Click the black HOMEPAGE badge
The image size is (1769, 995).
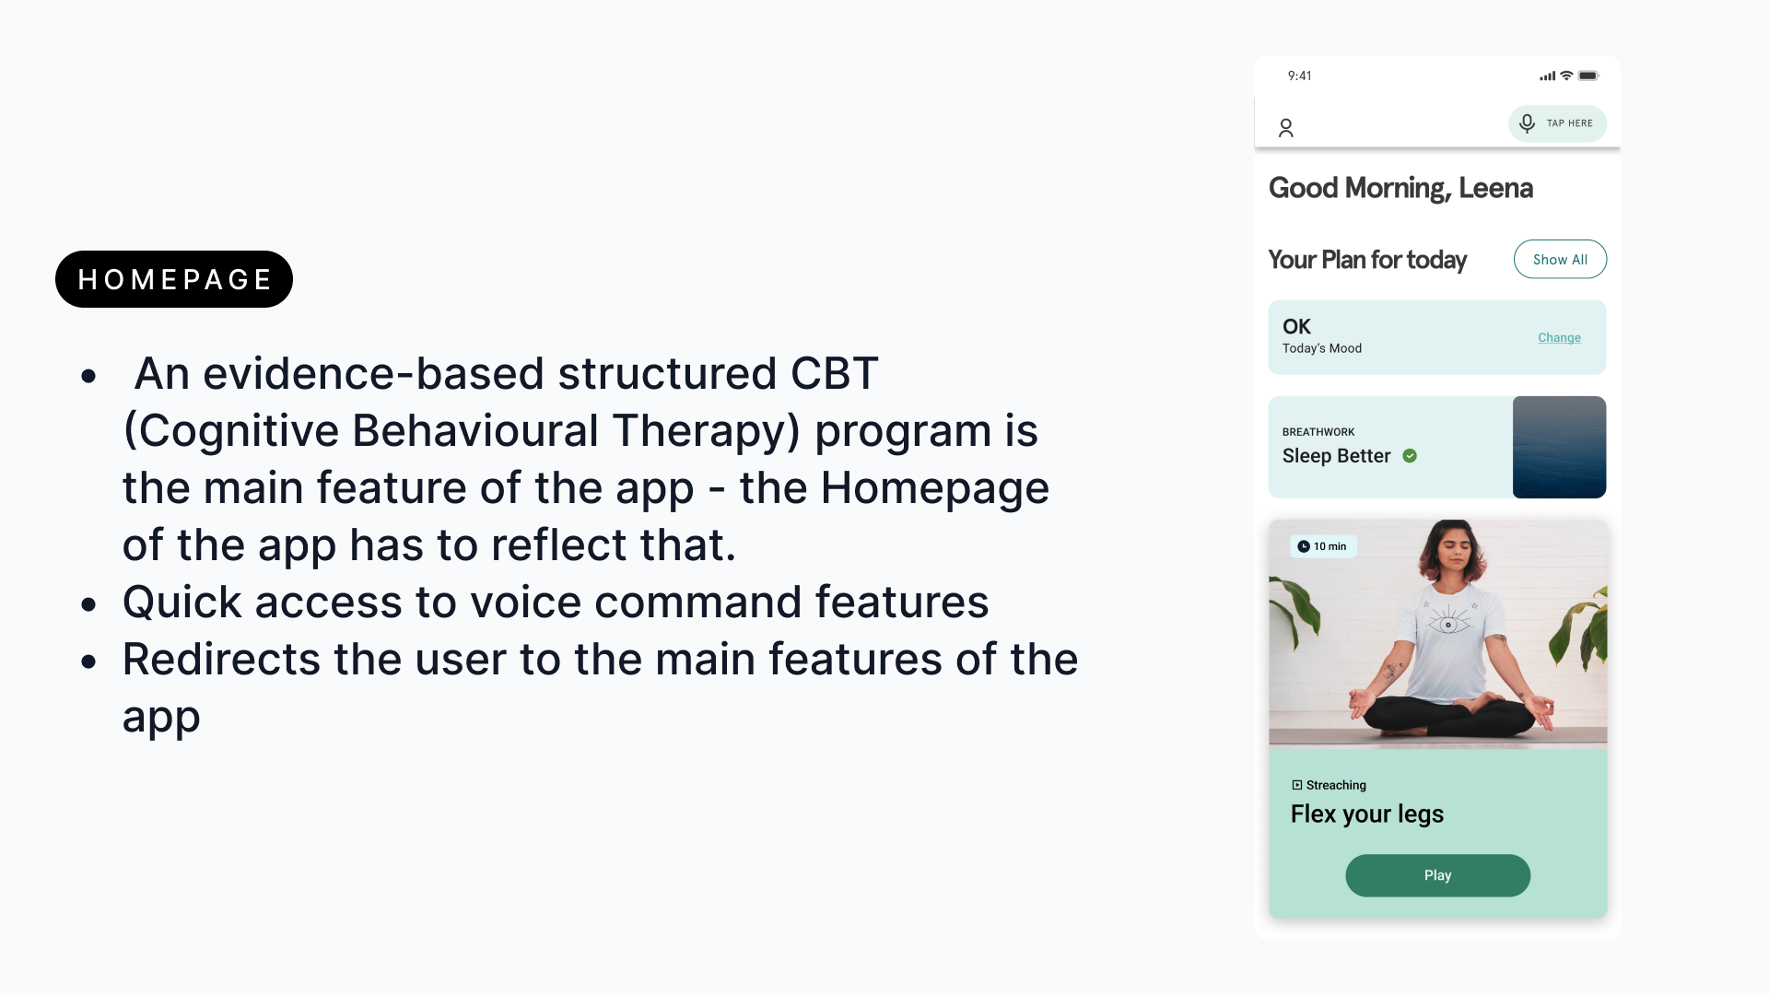click(174, 279)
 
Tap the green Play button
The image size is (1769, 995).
click(1437, 875)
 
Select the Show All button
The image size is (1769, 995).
click(1560, 260)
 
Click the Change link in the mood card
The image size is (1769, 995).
click(1559, 338)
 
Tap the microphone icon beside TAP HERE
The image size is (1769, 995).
click(1527, 123)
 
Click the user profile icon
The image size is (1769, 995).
click(1286, 128)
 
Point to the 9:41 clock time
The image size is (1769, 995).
click(1299, 76)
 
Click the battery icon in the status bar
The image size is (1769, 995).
click(1588, 76)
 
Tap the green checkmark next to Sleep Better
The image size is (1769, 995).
click(1410, 456)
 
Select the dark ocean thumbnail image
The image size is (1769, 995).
click(1559, 447)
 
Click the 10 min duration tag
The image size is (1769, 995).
click(1323, 546)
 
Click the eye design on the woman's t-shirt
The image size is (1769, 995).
click(1448, 623)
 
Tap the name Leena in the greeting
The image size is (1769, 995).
click(1495, 188)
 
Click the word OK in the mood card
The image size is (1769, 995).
click(1296, 326)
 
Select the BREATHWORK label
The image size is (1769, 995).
click(1318, 432)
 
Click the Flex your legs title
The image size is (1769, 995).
click(1366, 814)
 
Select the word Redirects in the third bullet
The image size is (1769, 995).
click(222, 659)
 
